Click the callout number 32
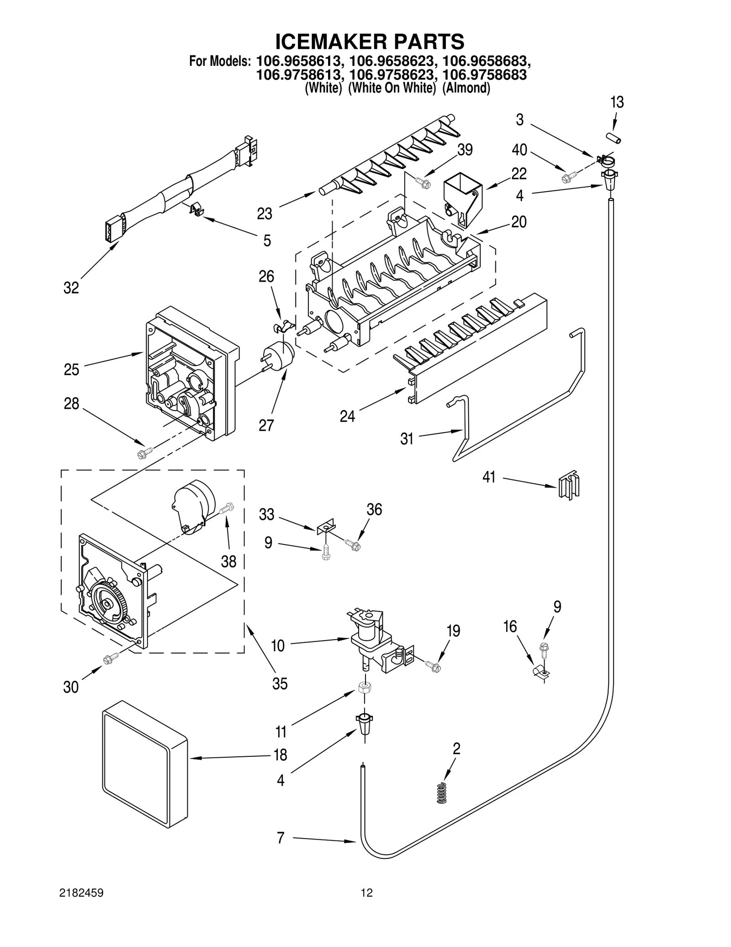[71, 288]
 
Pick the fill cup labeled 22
[462, 198]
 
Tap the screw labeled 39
[423, 182]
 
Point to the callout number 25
[71, 369]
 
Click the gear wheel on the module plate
[106, 604]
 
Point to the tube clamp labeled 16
[540, 671]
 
